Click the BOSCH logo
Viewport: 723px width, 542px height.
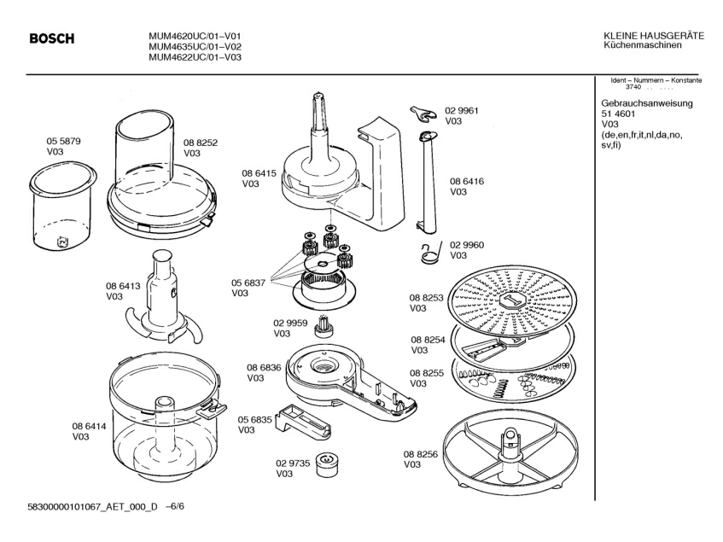pos(52,38)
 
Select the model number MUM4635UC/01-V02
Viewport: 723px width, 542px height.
pos(194,46)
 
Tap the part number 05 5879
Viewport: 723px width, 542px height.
pos(63,141)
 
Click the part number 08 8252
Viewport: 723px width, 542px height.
pos(201,143)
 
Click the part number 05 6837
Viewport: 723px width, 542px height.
pos(248,283)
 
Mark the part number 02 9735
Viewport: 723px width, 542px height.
pos(292,463)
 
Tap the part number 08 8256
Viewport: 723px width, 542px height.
pos(421,454)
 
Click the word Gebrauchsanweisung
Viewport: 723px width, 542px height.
pos(647,104)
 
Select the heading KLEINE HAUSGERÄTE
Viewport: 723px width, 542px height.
pos(653,35)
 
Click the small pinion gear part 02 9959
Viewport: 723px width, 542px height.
pos(324,325)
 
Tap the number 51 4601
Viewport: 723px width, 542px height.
pos(619,114)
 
